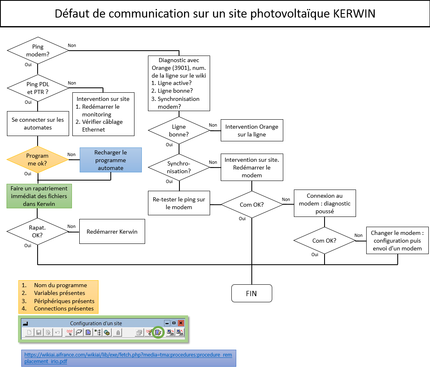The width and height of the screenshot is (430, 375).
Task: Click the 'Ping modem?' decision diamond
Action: coord(38,50)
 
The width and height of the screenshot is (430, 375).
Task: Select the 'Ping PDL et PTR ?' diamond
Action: coord(38,87)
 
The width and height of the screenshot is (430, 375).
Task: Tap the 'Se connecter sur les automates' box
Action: coord(38,123)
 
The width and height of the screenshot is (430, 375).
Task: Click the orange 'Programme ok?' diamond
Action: coord(38,159)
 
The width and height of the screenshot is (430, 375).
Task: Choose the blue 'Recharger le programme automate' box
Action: coord(111,160)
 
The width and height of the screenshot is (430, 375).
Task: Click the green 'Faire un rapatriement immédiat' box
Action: coord(39,196)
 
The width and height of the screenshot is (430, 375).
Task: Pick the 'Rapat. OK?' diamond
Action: coord(38,232)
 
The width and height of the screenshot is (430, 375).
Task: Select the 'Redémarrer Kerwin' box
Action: coord(112,232)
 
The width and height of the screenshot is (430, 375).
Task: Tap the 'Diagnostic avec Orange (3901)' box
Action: coord(179,83)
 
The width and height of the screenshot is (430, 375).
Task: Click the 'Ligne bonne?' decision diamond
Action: coord(179,130)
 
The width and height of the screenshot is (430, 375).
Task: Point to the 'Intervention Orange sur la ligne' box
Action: coord(252,130)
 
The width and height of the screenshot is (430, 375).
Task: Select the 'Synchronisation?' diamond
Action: coord(179,167)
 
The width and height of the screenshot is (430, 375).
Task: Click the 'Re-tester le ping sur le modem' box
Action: coord(179,203)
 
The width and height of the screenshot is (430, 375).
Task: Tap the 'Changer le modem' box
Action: coord(397,241)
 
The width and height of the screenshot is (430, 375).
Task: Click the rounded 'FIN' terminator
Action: coord(251,293)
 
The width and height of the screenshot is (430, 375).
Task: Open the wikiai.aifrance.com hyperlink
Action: coord(128,358)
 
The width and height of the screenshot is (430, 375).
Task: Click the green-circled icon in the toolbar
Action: coord(157,333)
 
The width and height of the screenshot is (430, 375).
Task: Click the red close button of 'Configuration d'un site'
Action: coord(181,323)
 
